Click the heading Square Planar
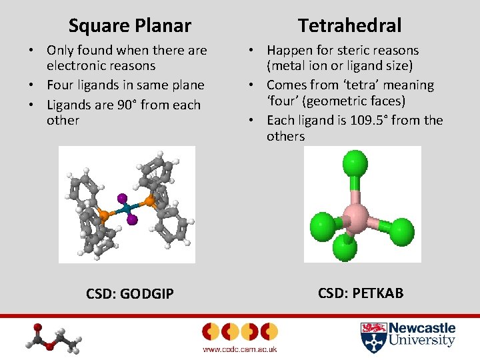(129, 26)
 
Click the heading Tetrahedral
(349, 26)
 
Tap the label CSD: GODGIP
(130, 294)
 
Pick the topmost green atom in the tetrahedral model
(355, 163)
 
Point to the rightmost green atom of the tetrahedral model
(401, 231)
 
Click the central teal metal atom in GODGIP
(127, 209)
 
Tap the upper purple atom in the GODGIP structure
(122, 198)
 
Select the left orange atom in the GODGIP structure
(104, 215)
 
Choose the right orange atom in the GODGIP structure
(149, 199)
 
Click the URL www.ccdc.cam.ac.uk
(239, 349)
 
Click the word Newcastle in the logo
(422, 328)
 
